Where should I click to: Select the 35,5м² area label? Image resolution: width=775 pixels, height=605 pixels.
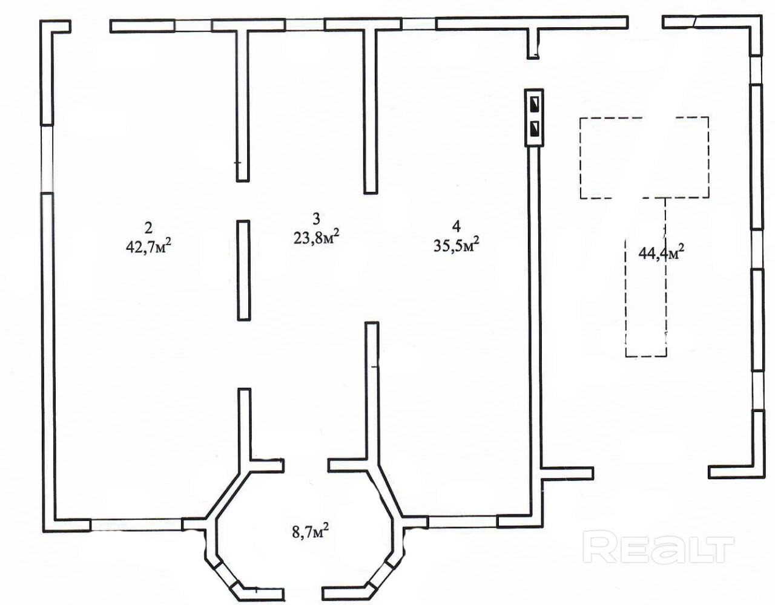pos(458,244)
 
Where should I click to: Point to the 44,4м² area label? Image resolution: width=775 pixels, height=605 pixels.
pos(662,251)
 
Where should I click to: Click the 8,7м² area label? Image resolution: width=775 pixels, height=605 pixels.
pos(311,532)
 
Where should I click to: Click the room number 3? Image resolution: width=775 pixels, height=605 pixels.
pos(315,217)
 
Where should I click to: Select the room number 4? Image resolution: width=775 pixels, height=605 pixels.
pos(457,226)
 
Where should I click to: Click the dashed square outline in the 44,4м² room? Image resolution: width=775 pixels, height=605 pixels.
pos(644,157)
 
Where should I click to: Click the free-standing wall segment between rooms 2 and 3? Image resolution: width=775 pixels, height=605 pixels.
pos(243,270)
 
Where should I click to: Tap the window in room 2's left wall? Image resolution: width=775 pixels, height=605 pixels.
pos(47,159)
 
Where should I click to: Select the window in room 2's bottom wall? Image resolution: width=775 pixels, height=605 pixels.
pos(136,525)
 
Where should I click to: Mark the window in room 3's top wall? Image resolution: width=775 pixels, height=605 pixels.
pos(305,24)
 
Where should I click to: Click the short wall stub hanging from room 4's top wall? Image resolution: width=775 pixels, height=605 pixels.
pos(533,42)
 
